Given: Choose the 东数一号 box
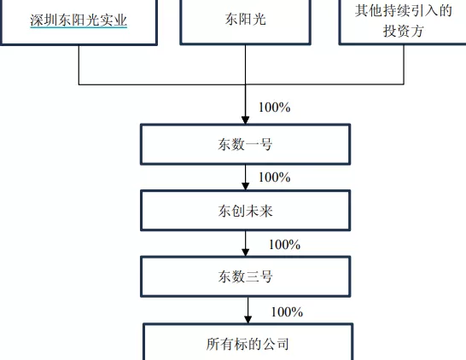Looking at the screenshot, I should (x=245, y=144).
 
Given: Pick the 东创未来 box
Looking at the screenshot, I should (x=245, y=211).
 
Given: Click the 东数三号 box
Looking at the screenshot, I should (x=245, y=277).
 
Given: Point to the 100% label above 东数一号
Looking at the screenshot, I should (x=275, y=107).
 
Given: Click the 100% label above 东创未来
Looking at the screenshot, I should (x=274, y=177).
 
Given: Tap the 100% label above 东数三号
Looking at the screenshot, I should (x=284, y=245).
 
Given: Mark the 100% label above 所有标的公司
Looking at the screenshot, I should (x=287, y=311).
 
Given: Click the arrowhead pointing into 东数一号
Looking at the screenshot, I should (x=246, y=120).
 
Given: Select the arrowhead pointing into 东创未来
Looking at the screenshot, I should (x=246, y=186).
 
